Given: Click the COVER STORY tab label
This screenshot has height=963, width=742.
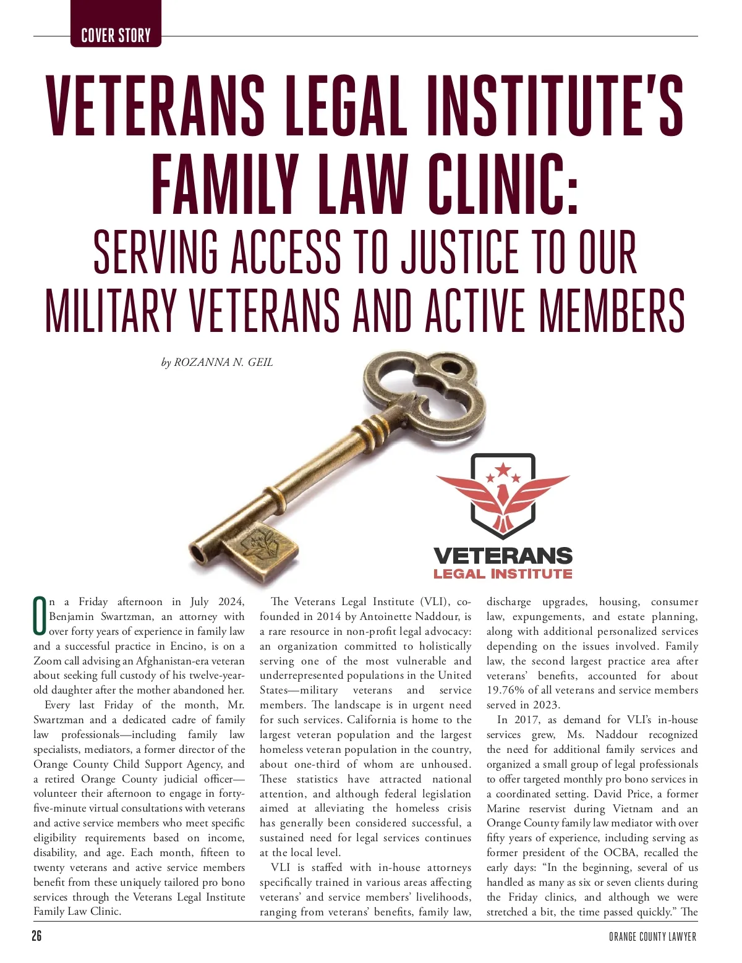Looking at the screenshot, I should (x=116, y=35).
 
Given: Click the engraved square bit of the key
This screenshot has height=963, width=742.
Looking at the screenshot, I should (x=260, y=548).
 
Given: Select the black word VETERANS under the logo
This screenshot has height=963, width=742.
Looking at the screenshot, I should (x=503, y=555).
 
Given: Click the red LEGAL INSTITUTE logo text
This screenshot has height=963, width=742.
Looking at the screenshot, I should (x=503, y=574).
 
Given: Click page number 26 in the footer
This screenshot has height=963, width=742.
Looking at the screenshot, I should (x=37, y=936).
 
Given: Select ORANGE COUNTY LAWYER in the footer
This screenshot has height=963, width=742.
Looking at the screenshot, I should (x=652, y=937).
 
